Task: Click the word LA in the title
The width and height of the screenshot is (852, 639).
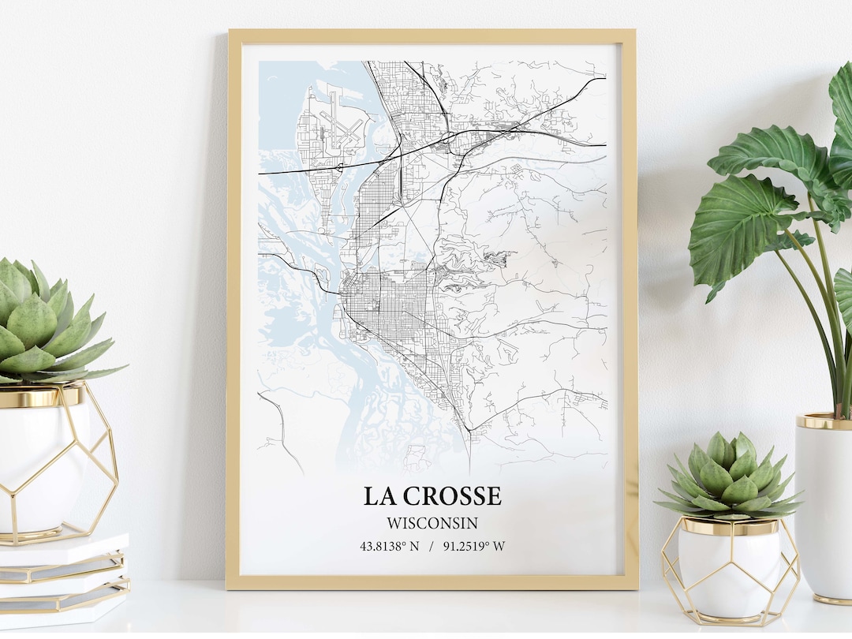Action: pos(376,496)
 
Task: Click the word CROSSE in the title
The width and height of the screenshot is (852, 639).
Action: pos(450,496)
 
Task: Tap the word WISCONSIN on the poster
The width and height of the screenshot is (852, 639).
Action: pos(432,522)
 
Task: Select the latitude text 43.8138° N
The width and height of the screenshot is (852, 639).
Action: pos(389,546)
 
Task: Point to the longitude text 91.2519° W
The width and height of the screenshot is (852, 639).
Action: pos(474,546)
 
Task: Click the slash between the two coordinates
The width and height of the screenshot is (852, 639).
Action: pos(432,546)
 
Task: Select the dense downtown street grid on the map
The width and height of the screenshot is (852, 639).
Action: pos(387,304)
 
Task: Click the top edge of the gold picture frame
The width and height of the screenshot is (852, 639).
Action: pos(432,35)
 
